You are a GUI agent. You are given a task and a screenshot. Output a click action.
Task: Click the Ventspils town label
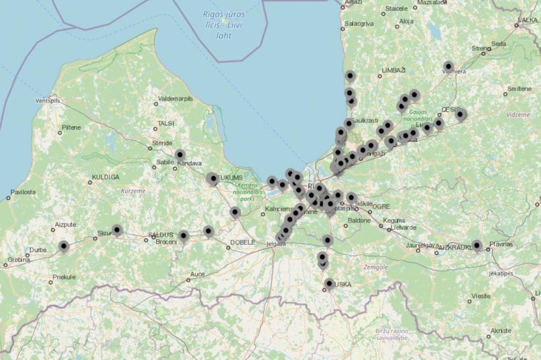(x=49, y=100)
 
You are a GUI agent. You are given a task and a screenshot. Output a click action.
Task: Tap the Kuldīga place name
(x=106, y=177)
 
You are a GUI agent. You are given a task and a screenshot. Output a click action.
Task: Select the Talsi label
(x=165, y=123)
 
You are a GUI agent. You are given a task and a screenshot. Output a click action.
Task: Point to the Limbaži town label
(x=394, y=70)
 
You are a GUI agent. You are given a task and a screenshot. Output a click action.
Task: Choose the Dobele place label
(x=242, y=242)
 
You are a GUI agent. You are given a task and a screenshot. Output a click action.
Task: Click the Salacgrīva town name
(x=358, y=23)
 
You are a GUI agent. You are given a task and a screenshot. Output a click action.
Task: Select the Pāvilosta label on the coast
(x=22, y=192)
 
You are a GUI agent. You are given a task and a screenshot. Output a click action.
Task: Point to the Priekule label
(x=64, y=277)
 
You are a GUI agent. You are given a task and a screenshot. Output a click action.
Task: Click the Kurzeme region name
(x=133, y=191)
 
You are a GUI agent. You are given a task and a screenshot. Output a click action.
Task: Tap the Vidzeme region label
(x=518, y=114)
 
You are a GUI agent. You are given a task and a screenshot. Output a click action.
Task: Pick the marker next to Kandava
(x=180, y=154)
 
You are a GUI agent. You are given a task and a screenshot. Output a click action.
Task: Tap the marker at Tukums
(x=212, y=178)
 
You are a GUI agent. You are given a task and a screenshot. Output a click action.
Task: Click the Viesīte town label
(x=481, y=296)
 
